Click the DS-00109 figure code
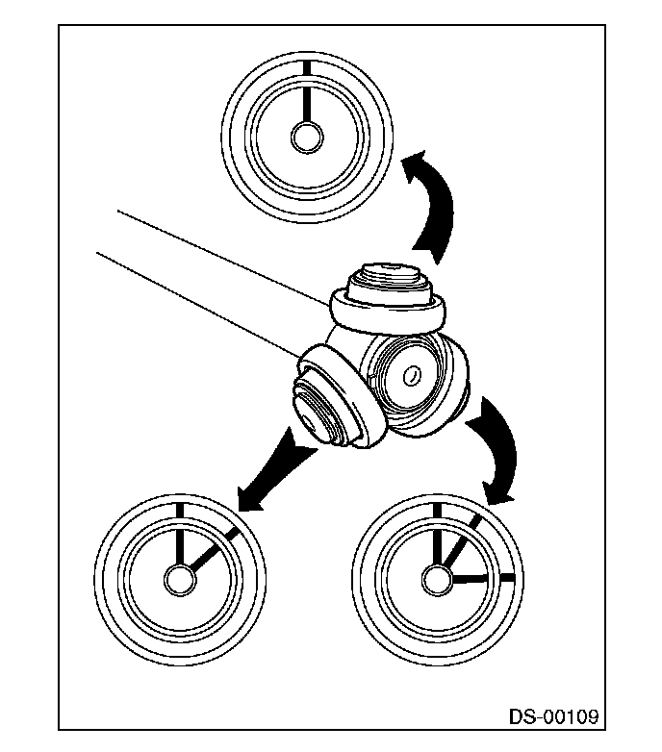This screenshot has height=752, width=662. [554, 716]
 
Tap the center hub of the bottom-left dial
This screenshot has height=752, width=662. [179, 579]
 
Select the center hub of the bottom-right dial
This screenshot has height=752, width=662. [437, 579]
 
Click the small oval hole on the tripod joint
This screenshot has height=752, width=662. [412, 374]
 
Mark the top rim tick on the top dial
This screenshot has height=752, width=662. [307, 67]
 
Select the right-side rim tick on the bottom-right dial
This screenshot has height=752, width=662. [507, 578]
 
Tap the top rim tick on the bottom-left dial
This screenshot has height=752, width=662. [179, 509]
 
